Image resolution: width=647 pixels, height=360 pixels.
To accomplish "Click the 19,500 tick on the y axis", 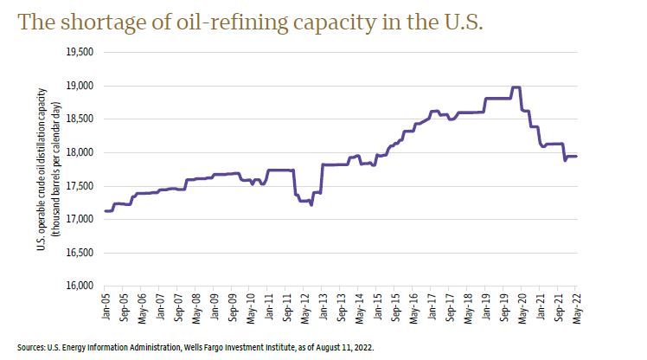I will click(x=80, y=52).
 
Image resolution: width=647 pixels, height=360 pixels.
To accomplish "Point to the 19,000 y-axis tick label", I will click(x=80, y=86).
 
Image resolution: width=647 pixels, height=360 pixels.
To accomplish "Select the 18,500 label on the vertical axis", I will click(x=80, y=119).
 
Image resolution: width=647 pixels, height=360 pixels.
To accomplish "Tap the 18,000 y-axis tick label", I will click(x=80, y=152).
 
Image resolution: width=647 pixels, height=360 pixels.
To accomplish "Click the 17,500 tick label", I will click(x=80, y=186).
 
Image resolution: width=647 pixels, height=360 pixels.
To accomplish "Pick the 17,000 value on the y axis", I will click(x=80, y=219).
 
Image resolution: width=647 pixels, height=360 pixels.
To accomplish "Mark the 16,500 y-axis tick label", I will click(x=80, y=253).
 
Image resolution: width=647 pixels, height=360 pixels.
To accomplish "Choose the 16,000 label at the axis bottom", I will click(x=80, y=286).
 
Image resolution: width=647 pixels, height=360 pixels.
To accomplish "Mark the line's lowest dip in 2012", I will click(x=311, y=205).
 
